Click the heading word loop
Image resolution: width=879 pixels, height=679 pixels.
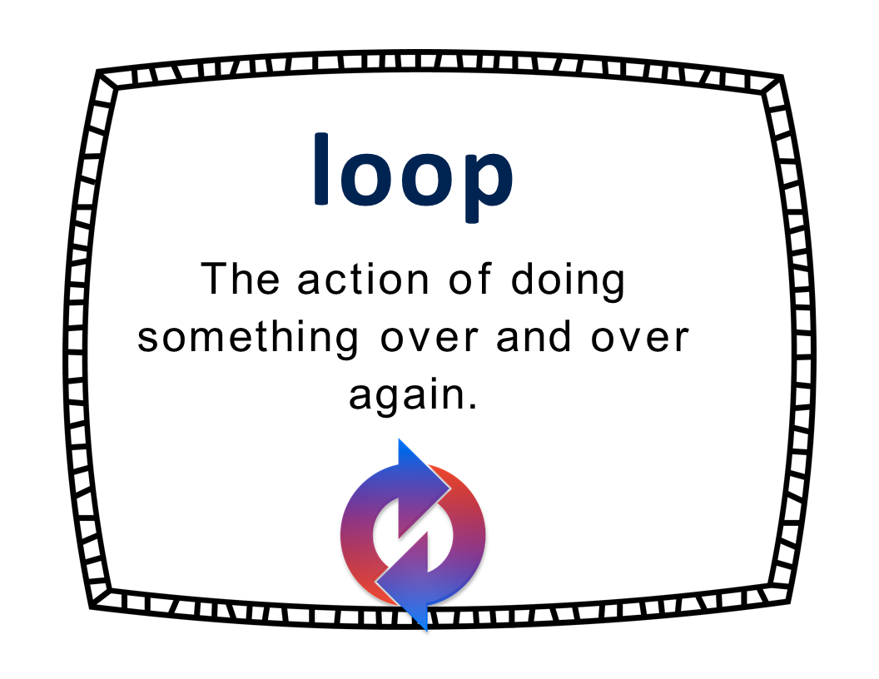[x=413, y=177]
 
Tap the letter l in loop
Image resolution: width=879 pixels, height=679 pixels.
[x=320, y=169]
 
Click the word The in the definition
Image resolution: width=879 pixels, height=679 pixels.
[x=240, y=279]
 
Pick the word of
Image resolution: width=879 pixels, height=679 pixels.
[x=470, y=279]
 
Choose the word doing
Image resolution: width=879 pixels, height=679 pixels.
[x=568, y=282]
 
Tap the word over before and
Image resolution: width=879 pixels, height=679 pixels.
[x=429, y=339]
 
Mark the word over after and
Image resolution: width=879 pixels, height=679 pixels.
[x=639, y=339]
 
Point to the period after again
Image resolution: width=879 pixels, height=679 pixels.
[x=473, y=406]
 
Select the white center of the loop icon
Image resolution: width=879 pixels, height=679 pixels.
[x=413, y=535]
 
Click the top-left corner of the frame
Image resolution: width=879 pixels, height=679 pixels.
[x=97, y=71]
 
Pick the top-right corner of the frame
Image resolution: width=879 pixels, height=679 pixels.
[x=782, y=76]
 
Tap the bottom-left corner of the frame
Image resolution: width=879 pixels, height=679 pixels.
[x=90, y=607]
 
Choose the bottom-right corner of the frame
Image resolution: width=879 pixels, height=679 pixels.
[x=789, y=602]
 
